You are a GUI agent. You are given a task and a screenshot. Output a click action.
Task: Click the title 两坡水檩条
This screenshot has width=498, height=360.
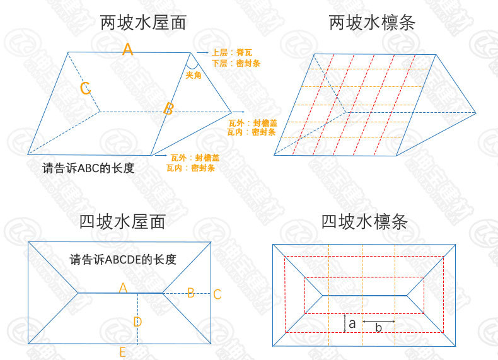[372, 24]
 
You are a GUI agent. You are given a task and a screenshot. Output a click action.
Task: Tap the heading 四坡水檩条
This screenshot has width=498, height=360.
[364, 221]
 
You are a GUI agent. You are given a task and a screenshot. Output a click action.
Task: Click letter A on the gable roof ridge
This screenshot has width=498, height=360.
[128, 49]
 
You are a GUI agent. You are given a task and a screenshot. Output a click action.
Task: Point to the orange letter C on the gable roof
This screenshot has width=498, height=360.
[86, 88]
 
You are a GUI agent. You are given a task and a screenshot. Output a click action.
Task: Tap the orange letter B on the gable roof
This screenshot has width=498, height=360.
[168, 108]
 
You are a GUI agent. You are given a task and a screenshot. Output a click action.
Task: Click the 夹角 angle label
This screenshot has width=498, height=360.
[194, 75]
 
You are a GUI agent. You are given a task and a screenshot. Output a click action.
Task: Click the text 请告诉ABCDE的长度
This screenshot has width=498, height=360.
[122, 259]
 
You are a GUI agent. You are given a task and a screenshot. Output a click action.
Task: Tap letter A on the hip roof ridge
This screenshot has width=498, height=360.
[124, 287]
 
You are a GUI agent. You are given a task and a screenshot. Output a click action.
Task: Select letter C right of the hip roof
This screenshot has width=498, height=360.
[217, 294]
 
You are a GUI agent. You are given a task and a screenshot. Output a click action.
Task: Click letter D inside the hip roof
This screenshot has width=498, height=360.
[137, 322]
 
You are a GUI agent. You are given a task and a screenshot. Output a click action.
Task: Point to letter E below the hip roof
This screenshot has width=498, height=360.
[122, 352]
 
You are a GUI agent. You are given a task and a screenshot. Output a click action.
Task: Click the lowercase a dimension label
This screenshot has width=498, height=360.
[352, 323]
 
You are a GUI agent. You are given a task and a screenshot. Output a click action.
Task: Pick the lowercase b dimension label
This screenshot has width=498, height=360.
[378, 328]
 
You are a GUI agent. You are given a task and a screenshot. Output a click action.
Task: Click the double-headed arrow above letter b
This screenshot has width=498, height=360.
[378, 321]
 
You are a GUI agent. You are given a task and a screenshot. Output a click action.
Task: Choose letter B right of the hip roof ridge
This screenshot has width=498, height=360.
[191, 292]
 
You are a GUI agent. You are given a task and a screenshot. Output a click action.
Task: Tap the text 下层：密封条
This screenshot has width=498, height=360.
[236, 63]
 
